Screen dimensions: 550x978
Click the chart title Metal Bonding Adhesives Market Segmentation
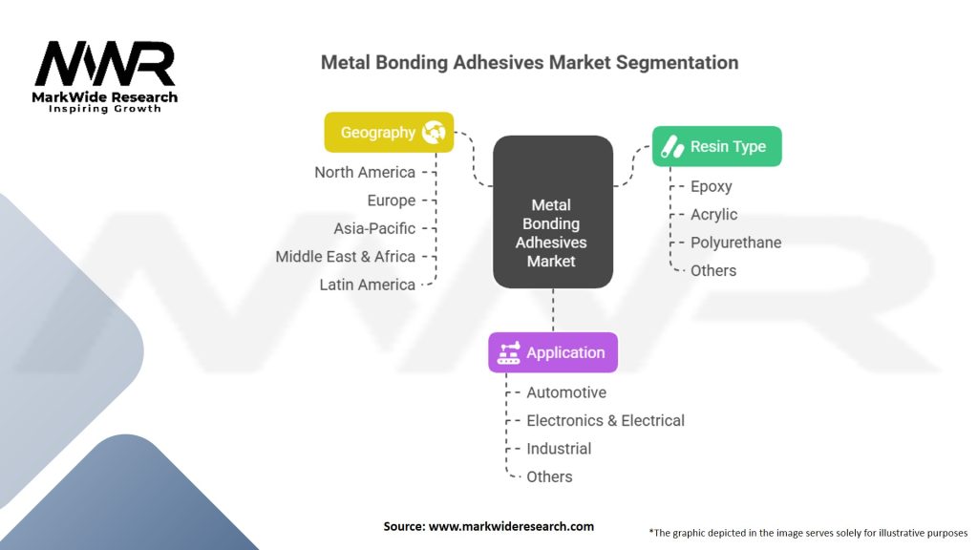tap(529, 62)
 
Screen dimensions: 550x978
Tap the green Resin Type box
tap(716, 146)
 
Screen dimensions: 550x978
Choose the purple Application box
tap(552, 352)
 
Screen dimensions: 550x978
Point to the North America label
tap(365, 172)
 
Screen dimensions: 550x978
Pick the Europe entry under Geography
tap(392, 201)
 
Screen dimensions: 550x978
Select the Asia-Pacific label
tap(374, 228)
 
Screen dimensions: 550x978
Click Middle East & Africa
tap(345, 256)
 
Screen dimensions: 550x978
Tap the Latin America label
tap(367, 285)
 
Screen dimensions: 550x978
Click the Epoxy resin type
tap(711, 186)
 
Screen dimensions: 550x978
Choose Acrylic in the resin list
tap(713, 214)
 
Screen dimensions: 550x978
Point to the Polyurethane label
tap(735, 243)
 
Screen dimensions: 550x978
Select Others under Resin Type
tap(713, 270)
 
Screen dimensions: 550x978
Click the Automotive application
tap(566, 392)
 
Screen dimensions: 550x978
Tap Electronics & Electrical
tap(606, 420)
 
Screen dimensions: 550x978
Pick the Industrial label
tap(559, 449)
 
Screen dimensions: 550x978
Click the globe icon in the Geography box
tap(433, 133)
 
